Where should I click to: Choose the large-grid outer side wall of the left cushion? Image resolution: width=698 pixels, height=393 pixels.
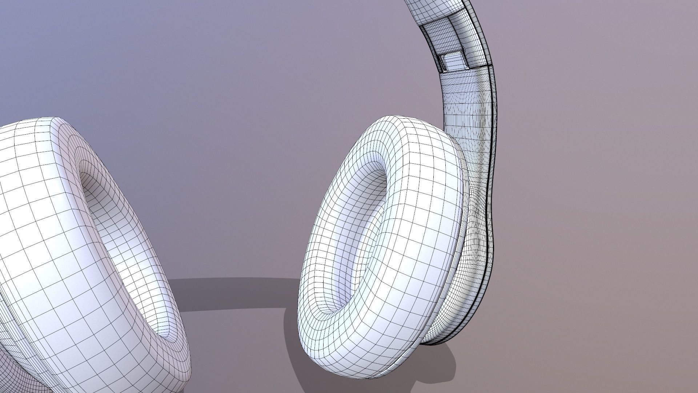(55, 255)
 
